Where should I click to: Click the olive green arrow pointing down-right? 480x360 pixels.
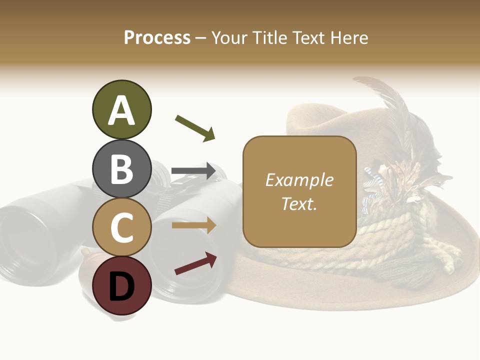point(195,128)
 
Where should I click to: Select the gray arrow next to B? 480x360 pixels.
point(193,171)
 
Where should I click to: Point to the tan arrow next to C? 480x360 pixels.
point(194,225)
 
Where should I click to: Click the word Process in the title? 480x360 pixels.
point(157,37)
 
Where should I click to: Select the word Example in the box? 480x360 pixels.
point(299,180)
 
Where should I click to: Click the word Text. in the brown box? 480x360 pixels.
point(299,203)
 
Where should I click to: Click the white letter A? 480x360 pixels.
point(121,110)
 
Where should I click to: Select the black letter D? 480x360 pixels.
point(121,286)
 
